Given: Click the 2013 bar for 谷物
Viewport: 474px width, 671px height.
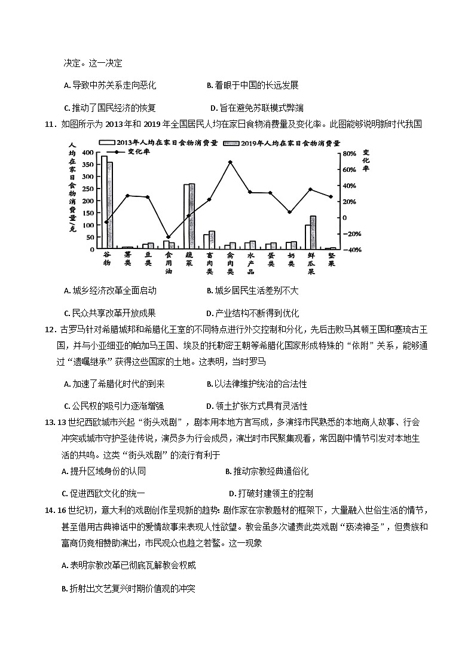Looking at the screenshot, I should [104, 202].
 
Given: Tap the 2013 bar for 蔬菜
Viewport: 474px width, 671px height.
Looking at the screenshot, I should [186, 216].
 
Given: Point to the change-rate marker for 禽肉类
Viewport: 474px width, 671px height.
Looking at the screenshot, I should [230, 162].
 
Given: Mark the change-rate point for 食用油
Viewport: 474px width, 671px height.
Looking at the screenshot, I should [168, 237].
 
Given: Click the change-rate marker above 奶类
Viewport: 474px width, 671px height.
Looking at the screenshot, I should [289, 212].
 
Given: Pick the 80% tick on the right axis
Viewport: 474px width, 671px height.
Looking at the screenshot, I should [347, 153].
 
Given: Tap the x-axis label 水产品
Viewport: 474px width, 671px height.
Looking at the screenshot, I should [250, 263].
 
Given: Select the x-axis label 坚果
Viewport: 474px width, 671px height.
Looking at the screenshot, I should [331, 259].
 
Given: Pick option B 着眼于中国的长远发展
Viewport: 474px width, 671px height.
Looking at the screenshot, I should [252, 86].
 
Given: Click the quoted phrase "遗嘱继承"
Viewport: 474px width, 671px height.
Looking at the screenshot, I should [84, 362].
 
